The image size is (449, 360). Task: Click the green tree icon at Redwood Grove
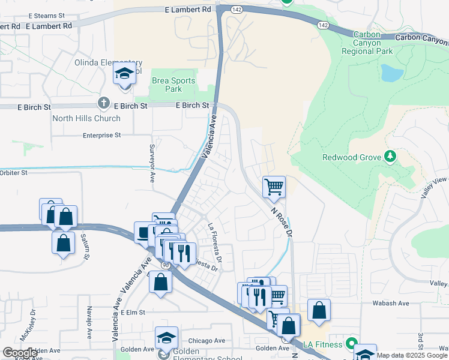(390, 156)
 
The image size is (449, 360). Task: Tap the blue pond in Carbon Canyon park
(391, 73)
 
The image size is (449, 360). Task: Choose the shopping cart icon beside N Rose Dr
(274, 187)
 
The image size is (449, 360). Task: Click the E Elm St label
(133, 313)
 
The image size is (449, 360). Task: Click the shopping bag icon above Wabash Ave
(319, 310)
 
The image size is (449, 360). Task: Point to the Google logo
(20, 353)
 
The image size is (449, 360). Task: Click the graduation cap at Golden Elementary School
(166, 338)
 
